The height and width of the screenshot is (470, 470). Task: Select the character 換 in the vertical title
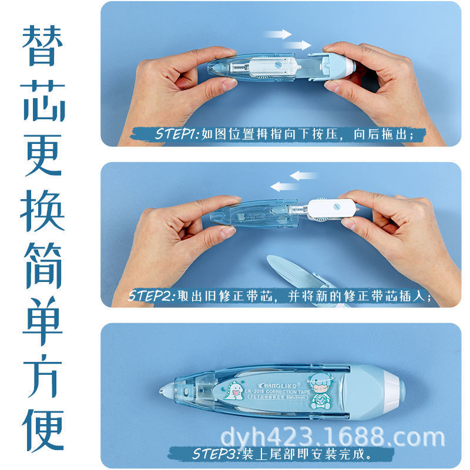[43, 212]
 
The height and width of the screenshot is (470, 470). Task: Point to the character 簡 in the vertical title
[43, 267]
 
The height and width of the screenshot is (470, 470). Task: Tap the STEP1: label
[177, 135]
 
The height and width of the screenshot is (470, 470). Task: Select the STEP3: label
[214, 454]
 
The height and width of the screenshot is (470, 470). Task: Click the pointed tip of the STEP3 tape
[162, 390]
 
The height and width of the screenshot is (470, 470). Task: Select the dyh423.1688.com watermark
[331, 438]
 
